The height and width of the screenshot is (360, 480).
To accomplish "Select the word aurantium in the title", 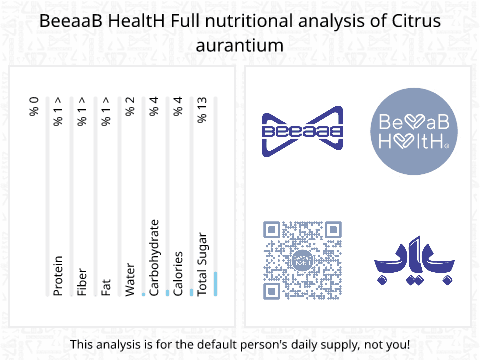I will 240,46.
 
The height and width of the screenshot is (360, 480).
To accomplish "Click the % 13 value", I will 202,109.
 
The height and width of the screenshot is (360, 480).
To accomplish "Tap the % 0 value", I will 34,106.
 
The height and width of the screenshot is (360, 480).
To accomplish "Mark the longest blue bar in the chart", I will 215,284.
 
